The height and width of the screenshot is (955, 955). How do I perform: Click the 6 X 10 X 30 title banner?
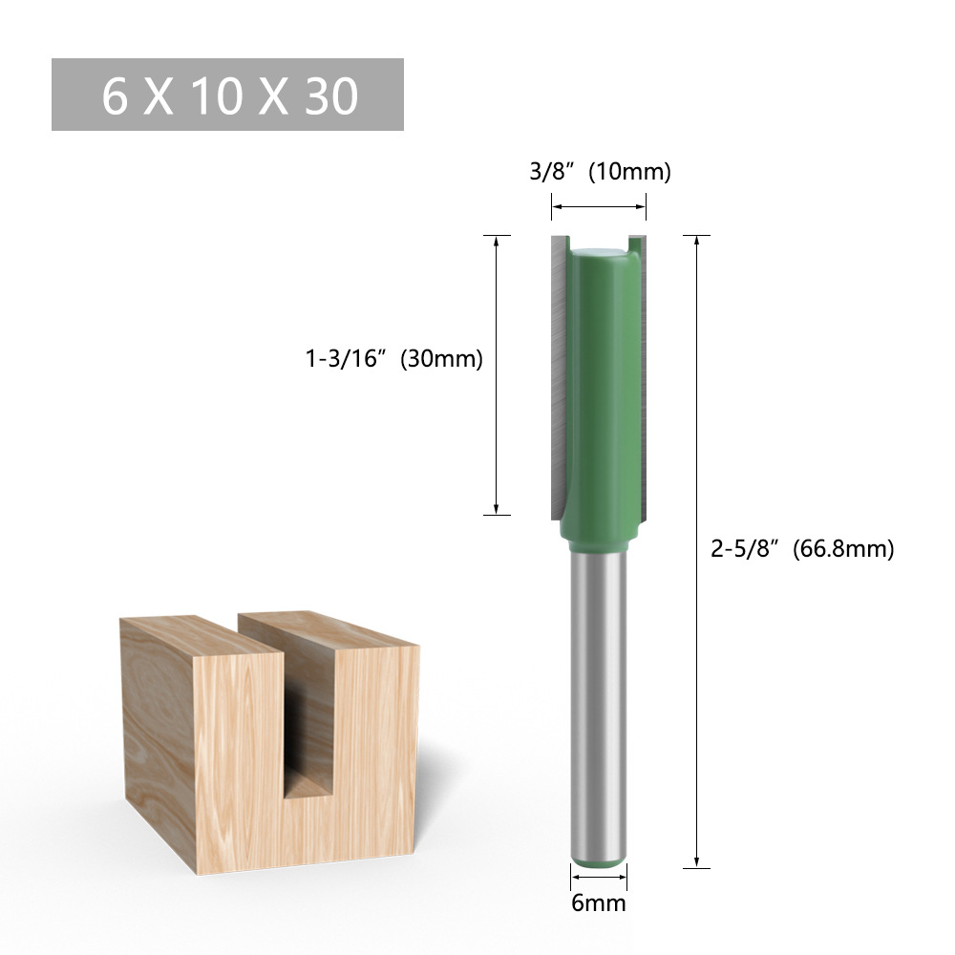(x=227, y=95)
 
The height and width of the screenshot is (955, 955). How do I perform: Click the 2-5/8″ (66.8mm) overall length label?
(x=802, y=549)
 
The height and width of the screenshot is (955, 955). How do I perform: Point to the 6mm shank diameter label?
(x=599, y=902)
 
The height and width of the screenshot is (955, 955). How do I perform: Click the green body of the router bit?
(x=602, y=382)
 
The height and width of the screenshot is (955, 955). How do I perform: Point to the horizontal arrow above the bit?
(x=599, y=206)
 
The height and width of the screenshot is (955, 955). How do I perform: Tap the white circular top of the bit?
(x=599, y=251)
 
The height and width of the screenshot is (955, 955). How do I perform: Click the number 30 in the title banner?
(x=330, y=95)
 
